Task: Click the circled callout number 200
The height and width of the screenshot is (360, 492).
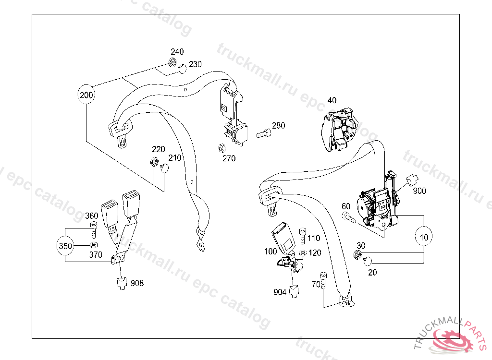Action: pyautogui.click(x=86, y=95)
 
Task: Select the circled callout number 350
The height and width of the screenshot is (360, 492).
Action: pyautogui.click(x=65, y=247)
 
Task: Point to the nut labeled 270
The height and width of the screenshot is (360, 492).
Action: pyautogui.click(x=222, y=148)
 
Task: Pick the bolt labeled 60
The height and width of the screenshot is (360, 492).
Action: pyautogui.click(x=349, y=219)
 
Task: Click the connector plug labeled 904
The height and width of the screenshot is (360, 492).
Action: pyautogui.click(x=294, y=291)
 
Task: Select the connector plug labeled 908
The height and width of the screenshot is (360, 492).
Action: pyautogui.click(x=122, y=283)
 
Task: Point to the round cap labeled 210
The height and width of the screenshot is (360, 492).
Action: pyautogui.click(x=164, y=168)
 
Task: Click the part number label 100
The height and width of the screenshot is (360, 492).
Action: pyautogui.click(x=271, y=251)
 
